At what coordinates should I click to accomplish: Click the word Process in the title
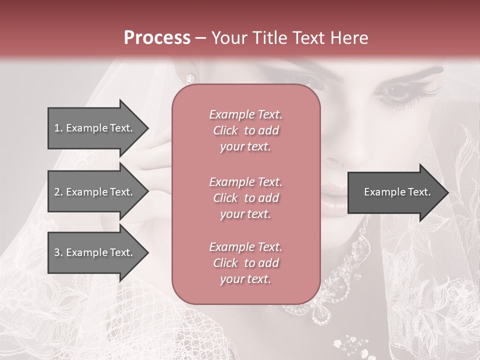pyautogui.click(x=157, y=38)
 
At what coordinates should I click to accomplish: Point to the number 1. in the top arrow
pyautogui.click(x=58, y=128)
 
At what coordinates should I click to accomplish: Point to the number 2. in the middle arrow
pyautogui.click(x=58, y=192)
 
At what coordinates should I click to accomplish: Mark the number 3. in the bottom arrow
pyautogui.click(x=58, y=252)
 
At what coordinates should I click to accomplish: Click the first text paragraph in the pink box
pyautogui.click(x=245, y=130)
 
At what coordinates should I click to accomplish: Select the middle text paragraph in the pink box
pyautogui.click(x=245, y=198)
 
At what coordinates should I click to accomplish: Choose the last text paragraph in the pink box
pyautogui.click(x=245, y=263)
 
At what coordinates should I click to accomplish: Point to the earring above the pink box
pyautogui.click(x=190, y=78)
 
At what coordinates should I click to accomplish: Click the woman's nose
pyautogui.click(x=335, y=160)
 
